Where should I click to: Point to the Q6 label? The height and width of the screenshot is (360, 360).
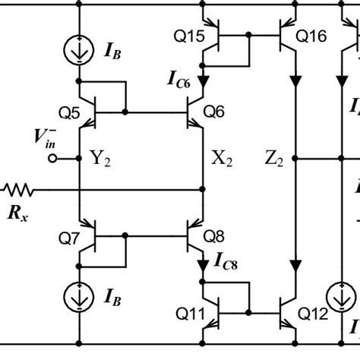click(215, 112)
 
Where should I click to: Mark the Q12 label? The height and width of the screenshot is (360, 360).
click(311, 312)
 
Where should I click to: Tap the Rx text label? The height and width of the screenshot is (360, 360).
click(18, 213)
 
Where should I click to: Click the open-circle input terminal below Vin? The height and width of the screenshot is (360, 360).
click(53, 159)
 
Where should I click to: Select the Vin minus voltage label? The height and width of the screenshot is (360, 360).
click(46, 137)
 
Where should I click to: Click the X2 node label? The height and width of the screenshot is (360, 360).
click(222, 159)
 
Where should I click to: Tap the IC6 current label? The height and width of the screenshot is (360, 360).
click(180, 78)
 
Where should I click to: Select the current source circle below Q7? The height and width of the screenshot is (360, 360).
click(80, 297)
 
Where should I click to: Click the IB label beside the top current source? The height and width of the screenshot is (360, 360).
click(111, 52)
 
